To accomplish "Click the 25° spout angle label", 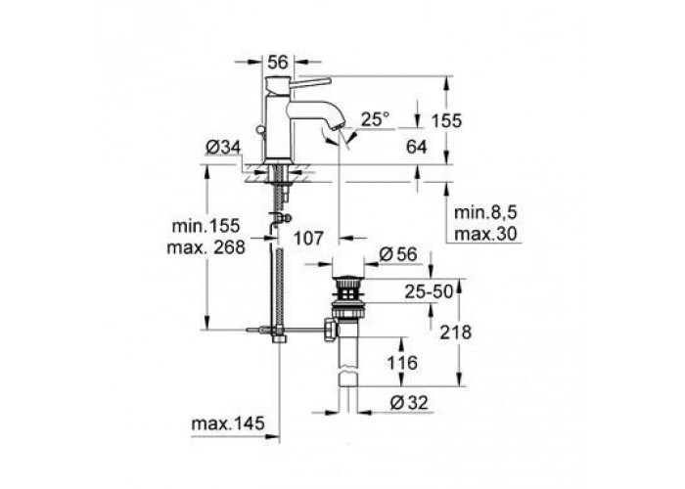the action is click(375, 118).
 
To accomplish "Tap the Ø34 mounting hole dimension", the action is click(223, 148).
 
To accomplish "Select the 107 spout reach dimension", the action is click(308, 238).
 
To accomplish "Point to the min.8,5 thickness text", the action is click(485, 212).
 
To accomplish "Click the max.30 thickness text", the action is click(485, 234).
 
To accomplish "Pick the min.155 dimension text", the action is click(206, 226).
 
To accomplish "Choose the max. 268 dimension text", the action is click(206, 247).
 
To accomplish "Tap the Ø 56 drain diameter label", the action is click(398, 254).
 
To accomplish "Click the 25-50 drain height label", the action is click(429, 291).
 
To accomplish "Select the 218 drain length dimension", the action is click(456, 333).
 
